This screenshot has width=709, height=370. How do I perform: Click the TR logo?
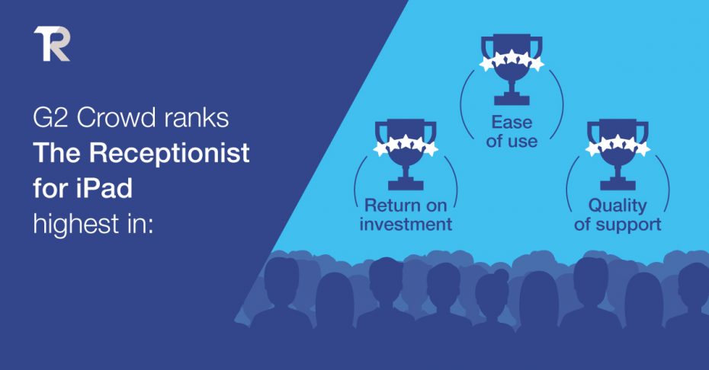(x=52, y=43)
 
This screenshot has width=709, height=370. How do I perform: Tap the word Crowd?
(x=117, y=118)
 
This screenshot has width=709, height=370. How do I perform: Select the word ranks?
(x=196, y=118)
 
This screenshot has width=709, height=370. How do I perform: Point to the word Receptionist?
(x=169, y=154)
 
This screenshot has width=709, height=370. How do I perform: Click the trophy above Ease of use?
(x=512, y=69)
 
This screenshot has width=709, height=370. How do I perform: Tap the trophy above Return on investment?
(x=406, y=155)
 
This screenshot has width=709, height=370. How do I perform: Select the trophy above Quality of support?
(x=618, y=155)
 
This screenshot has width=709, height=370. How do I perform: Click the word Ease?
(x=512, y=122)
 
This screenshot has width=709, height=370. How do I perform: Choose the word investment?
(x=406, y=224)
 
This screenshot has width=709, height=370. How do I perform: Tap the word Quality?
(x=618, y=206)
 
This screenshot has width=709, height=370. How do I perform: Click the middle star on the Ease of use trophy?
(x=512, y=57)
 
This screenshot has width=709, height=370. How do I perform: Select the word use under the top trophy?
(x=525, y=142)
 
